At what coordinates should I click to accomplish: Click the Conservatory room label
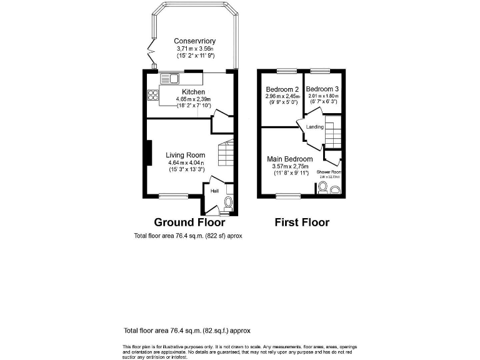click(x=194, y=41)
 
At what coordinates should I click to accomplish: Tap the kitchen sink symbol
click(x=169, y=79)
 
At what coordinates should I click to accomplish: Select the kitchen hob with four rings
click(x=152, y=95)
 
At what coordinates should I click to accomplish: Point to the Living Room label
click(x=186, y=155)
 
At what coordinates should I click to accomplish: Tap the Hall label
click(x=214, y=191)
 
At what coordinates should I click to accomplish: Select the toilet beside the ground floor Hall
click(x=228, y=202)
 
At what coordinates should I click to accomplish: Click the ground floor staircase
click(x=225, y=152)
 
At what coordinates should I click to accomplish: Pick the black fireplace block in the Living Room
click(x=149, y=153)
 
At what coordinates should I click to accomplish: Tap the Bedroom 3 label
click(x=322, y=89)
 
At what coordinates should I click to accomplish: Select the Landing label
click(x=314, y=127)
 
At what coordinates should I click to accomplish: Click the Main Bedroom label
click(x=291, y=159)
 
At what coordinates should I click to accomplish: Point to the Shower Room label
click(x=329, y=172)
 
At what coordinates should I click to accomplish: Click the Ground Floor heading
click(x=189, y=222)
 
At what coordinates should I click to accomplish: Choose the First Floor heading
click(x=302, y=222)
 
